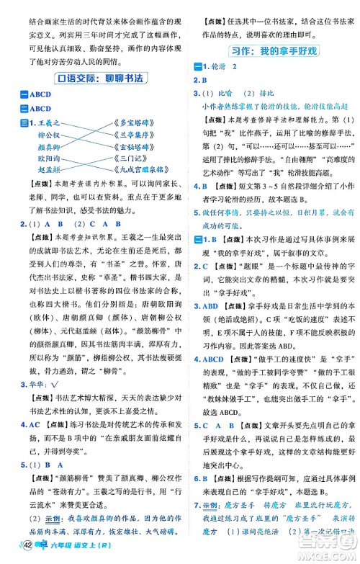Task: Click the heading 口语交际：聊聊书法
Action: coord(92,79)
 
